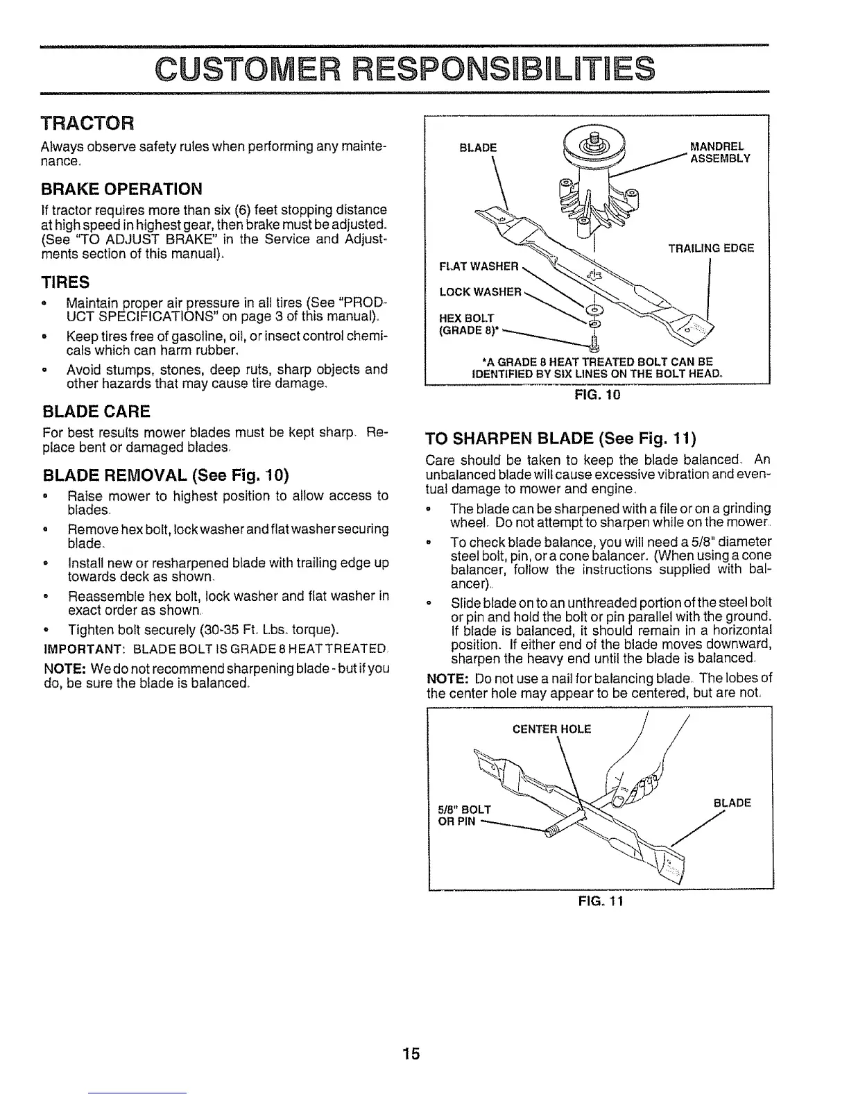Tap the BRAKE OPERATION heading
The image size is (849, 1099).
123,189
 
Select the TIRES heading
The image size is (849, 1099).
66,282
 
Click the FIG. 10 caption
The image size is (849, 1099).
597,396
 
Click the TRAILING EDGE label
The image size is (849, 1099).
710,248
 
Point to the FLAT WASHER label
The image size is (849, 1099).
479,266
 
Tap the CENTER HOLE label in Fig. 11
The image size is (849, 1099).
551,729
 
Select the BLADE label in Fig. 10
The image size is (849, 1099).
478,147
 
